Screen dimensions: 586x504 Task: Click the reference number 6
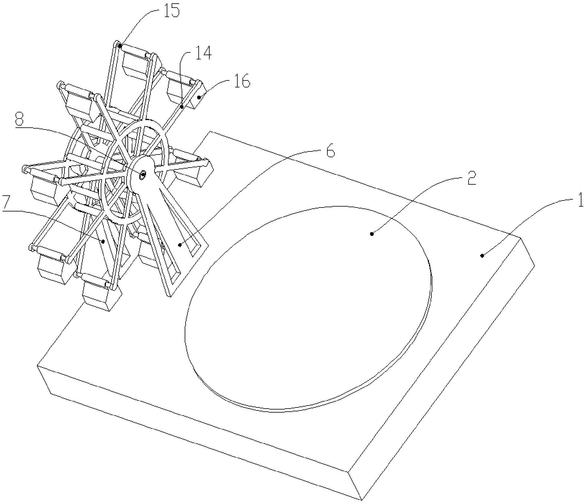(x=330, y=150)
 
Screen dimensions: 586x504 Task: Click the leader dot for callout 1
(x=482, y=255)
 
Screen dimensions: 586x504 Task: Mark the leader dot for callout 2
(x=371, y=234)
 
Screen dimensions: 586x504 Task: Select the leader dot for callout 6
(x=180, y=244)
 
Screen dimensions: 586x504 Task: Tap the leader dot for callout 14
(x=182, y=107)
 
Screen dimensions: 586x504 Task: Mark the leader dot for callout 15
(x=120, y=46)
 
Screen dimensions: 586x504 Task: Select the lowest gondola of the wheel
(x=101, y=293)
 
